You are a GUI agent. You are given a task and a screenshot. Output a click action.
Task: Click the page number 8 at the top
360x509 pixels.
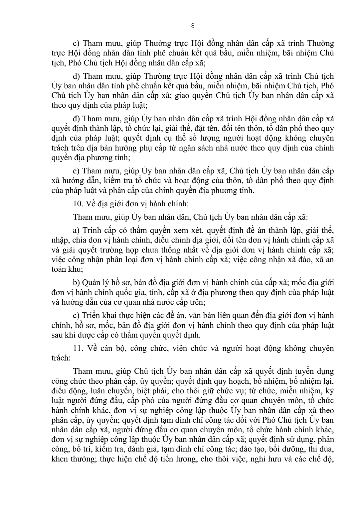tap(193, 26)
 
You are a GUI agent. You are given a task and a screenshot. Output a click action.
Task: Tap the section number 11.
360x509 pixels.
tap(77, 349)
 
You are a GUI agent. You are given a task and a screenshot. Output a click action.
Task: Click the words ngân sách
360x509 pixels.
tap(188, 148)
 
